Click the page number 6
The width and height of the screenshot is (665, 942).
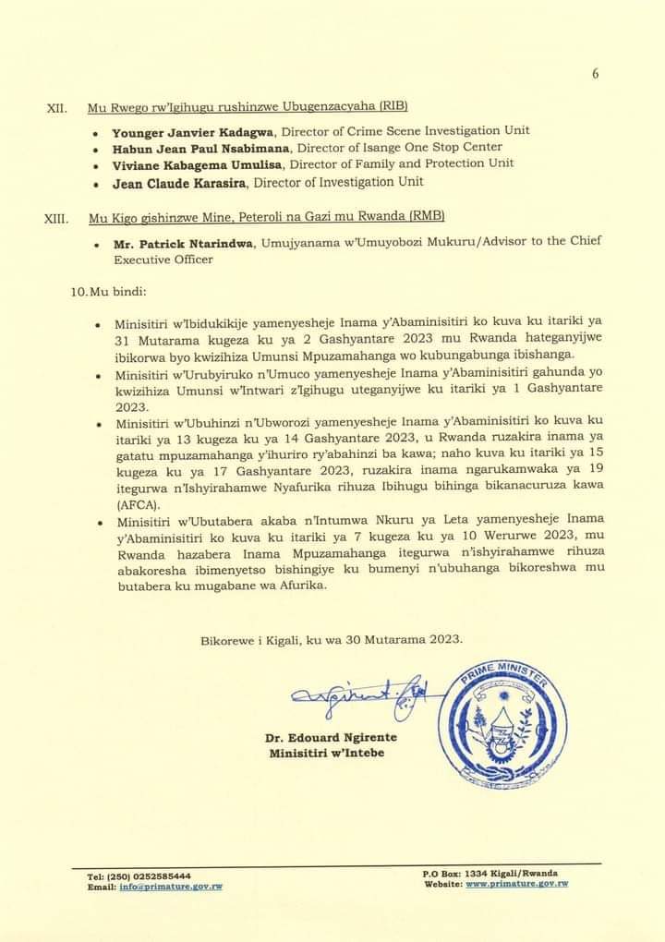pos(596,76)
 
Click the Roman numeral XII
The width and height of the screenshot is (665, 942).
pos(55,108)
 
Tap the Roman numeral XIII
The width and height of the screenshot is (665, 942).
pos(56,218)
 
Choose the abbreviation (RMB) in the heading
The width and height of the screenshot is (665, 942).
pos(428,216)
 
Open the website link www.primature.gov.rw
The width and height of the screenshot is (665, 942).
pos(516,884)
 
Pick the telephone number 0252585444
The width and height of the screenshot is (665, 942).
pos(161,876)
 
